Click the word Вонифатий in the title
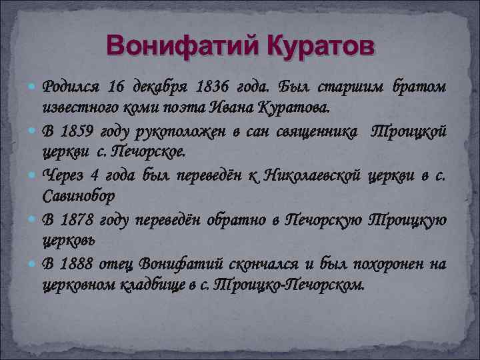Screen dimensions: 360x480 175,47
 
